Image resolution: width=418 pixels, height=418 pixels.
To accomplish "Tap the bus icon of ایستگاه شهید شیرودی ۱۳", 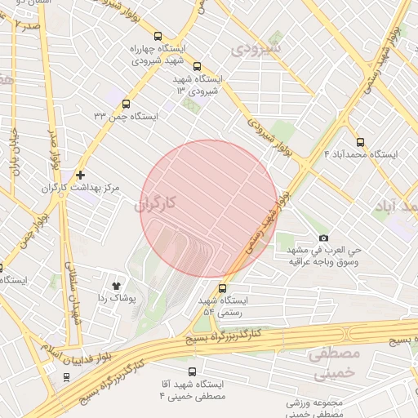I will [197, 66].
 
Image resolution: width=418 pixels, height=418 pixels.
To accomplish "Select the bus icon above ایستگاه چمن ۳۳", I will [125, 104].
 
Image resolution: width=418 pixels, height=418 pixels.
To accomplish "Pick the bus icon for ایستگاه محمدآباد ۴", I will [361, 141].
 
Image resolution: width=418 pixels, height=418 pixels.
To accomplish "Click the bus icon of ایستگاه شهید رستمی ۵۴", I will [223, 288].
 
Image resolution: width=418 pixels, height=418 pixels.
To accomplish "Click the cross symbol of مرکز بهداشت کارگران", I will [80, 175].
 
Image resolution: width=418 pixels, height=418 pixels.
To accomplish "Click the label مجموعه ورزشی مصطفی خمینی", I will [314, 408].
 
